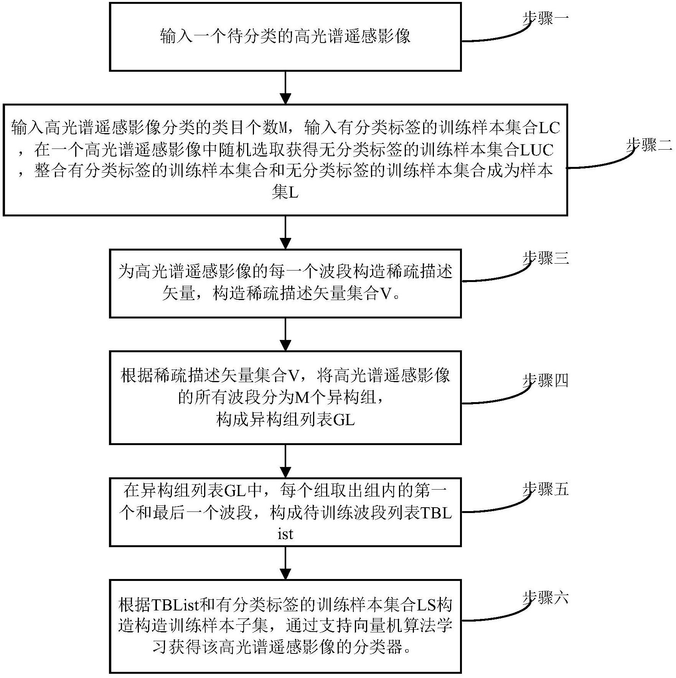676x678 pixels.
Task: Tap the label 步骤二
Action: pos(648,145)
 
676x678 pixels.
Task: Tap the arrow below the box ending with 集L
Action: pos(285,232)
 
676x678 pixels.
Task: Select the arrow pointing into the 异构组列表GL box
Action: pos(285,334)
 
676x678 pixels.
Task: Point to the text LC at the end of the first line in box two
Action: pos(550,128)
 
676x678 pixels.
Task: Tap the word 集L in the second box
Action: pos(285,193)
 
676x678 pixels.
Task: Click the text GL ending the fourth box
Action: pos(344,420)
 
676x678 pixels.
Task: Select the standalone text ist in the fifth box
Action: pos(285,534)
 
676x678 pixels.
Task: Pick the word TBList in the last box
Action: pos(175,605)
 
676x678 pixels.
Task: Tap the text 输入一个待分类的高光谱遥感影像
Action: pos(285,36)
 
